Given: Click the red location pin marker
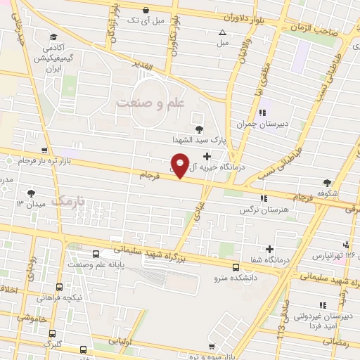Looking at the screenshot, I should [x=181, y=165].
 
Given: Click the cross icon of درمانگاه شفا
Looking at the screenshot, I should [x=270, y=249].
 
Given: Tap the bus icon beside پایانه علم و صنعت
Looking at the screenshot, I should [x=96, y=255].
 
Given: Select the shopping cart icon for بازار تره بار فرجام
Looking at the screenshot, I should [x=45, y=150].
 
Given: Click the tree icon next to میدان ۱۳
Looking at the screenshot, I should [x=31, y=193].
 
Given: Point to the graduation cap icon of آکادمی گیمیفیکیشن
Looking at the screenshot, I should [x=53, y=37].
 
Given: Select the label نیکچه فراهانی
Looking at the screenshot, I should [x=63, y=297].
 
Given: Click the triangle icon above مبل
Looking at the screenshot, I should [x=223, y=32].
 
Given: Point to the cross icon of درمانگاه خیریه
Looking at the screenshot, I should [x=206, y=156].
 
